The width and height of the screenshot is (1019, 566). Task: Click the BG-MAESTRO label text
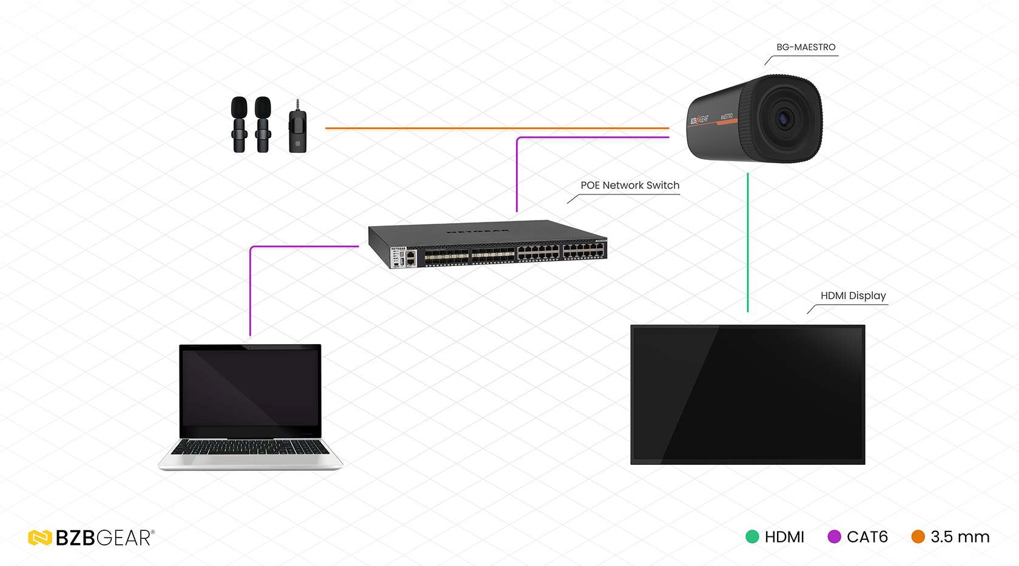[805, 47]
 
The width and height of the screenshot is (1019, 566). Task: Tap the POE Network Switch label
[630, 185]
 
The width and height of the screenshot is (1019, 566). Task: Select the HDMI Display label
[853, 296]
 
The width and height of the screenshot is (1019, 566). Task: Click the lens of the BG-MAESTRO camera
[784, 119]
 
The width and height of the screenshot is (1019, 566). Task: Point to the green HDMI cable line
[748, 242]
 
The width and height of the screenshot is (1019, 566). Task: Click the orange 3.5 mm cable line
[497, 128]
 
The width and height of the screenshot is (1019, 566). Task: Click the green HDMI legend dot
[752, 537]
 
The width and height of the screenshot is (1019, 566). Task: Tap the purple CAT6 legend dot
[835, 537]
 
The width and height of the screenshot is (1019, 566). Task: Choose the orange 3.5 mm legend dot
[918, 537]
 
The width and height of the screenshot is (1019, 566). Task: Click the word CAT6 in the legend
[867, 537]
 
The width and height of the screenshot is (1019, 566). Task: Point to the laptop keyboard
[250, 447]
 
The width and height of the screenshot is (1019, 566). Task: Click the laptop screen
[251, 388]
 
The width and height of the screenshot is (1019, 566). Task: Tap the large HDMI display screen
[747, 394]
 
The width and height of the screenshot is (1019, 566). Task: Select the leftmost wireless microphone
[240, 124]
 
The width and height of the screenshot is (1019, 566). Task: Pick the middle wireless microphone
[263, 124]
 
